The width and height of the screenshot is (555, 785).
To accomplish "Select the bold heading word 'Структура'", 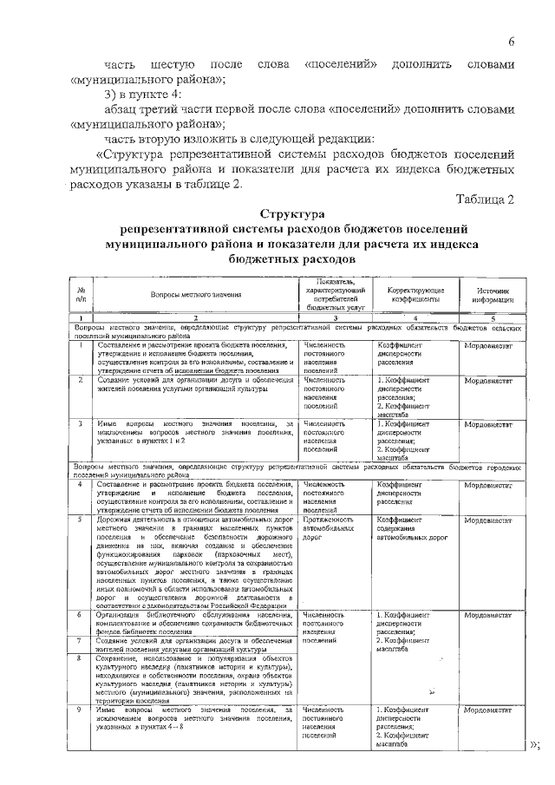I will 291,213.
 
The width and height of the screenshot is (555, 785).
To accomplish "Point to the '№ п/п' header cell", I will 81,296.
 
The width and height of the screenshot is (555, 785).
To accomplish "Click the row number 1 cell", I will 80,345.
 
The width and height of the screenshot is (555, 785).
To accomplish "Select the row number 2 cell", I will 80,380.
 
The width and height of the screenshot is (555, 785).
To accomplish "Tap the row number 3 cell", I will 80,424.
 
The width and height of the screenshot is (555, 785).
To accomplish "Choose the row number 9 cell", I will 80,710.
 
